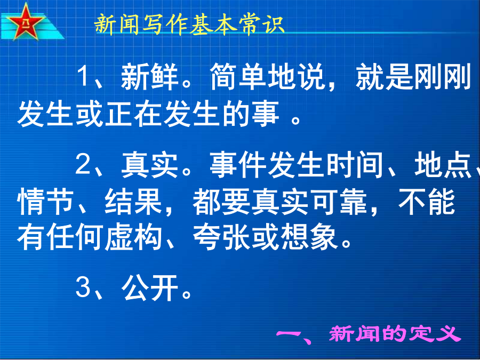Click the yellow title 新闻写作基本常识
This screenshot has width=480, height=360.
click(190, 24)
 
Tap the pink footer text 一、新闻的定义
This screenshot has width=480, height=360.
click(369, 334)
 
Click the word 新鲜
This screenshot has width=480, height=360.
click(149, 76)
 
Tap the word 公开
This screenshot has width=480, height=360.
click(150, 288)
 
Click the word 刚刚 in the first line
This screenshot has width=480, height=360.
click(442, 76)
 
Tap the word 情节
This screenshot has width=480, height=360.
click(45, 202)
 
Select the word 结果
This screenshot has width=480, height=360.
click(133, 202)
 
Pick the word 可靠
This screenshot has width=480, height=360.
click(339, 202)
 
